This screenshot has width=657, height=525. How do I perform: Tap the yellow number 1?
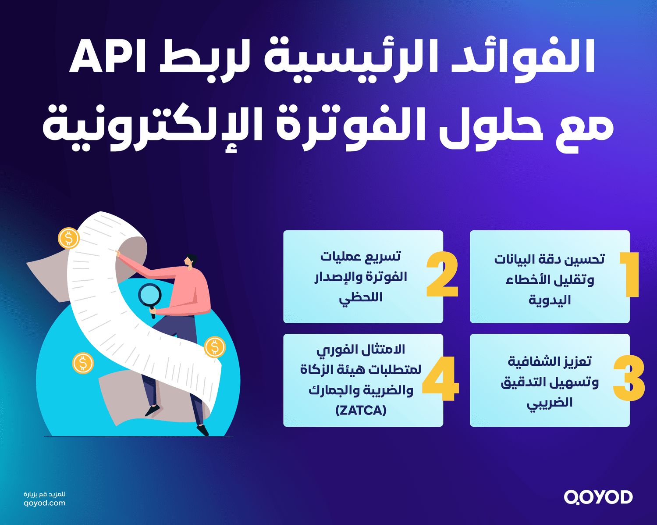pos(630,275)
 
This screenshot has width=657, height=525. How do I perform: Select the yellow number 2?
pos(442,275)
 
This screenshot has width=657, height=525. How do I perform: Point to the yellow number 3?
pos(629,379)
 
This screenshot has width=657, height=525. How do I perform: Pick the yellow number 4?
pos(440,379)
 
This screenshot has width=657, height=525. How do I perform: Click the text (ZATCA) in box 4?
pos(361,411)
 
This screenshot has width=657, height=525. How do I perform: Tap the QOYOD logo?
pos(598,497)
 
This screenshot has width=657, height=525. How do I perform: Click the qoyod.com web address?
pos(44,503)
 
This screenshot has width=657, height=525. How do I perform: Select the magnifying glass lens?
pos(150,295)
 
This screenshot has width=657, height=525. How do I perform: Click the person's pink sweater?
pos(188,289)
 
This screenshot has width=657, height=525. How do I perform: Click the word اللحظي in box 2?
pos(361,298)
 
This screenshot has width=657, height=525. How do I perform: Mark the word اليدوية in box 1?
pos(550,300)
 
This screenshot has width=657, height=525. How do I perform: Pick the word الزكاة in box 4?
pos(317,370)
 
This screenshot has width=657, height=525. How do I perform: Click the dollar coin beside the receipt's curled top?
pos(69,239)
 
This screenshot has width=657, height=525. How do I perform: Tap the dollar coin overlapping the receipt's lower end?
pos(215,347)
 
